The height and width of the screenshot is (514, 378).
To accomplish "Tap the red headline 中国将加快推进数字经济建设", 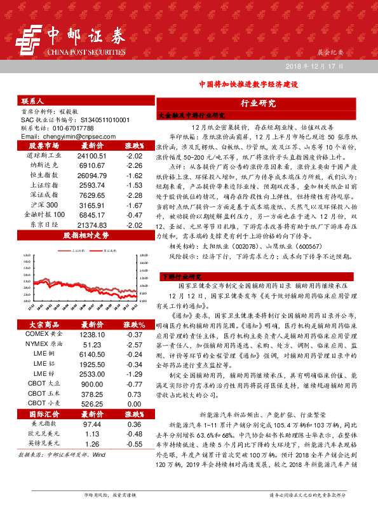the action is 248,84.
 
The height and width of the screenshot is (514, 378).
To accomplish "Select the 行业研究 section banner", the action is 257,103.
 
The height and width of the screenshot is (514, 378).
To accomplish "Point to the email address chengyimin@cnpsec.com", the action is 66,136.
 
